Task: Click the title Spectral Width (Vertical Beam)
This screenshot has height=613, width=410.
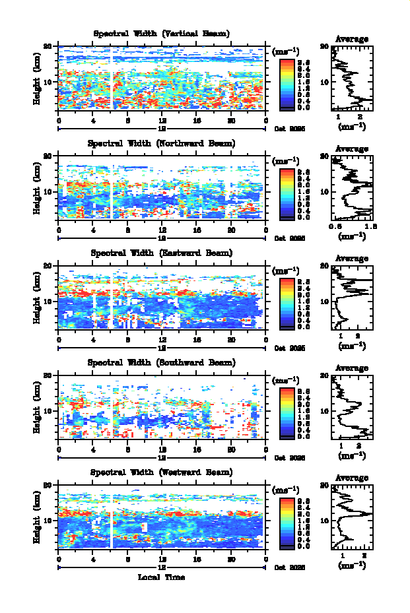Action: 162,34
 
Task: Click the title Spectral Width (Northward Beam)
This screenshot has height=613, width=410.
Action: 162,143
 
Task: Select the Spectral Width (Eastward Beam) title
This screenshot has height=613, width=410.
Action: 162,253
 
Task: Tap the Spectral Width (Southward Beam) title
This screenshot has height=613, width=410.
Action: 162,362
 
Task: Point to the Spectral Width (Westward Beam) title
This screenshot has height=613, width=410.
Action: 162,472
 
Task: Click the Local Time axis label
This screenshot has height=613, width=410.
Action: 162,577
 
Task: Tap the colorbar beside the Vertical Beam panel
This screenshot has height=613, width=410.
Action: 287,82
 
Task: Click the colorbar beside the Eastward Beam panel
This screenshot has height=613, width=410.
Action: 287,302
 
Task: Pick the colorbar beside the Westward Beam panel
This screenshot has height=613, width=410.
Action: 287,522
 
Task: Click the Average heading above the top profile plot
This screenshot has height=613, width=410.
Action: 352,39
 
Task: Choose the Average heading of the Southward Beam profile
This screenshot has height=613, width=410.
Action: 352,368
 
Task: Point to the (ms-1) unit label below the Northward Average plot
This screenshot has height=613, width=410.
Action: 352,236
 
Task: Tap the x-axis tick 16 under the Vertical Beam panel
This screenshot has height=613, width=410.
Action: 197,121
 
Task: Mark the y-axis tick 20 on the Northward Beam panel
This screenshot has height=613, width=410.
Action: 48,156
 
